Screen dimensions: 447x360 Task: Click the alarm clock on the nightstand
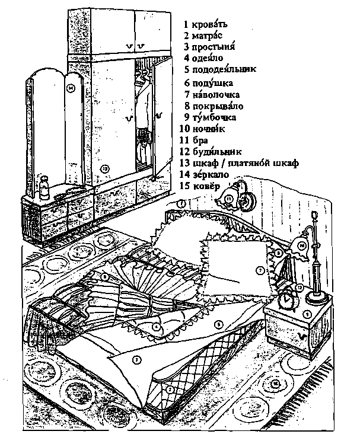(289, 299)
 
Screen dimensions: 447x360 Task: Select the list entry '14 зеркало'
(203, 174)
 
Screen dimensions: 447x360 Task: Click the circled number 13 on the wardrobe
(105, 168)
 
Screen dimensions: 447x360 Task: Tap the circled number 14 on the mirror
(71, 88)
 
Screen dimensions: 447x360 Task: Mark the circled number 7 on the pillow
(259, 270)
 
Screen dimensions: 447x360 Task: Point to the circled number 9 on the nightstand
(307, 314)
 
